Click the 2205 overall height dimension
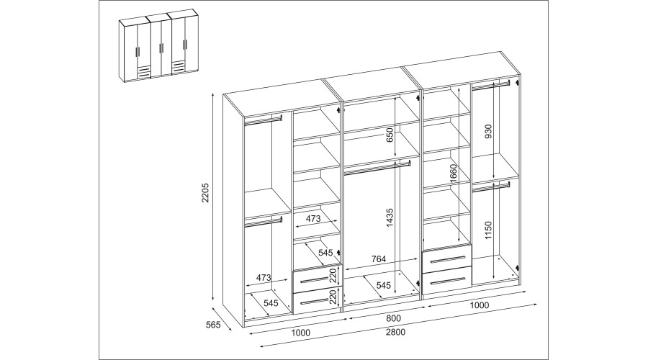(206, 193)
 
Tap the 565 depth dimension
(213, 325)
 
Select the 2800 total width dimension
(395, 332)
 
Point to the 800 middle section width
(393, 318)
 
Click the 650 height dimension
(390, 136)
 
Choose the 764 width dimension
(378, 259)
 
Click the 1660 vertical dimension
(454, 174)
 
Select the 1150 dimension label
(488, 230)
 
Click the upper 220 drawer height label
(334, 275)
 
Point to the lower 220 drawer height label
(334, 297)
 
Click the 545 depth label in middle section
(383, 285)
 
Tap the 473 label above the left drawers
(313, 219)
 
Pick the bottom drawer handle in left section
(317, 300)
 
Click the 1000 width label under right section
(480, 305)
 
